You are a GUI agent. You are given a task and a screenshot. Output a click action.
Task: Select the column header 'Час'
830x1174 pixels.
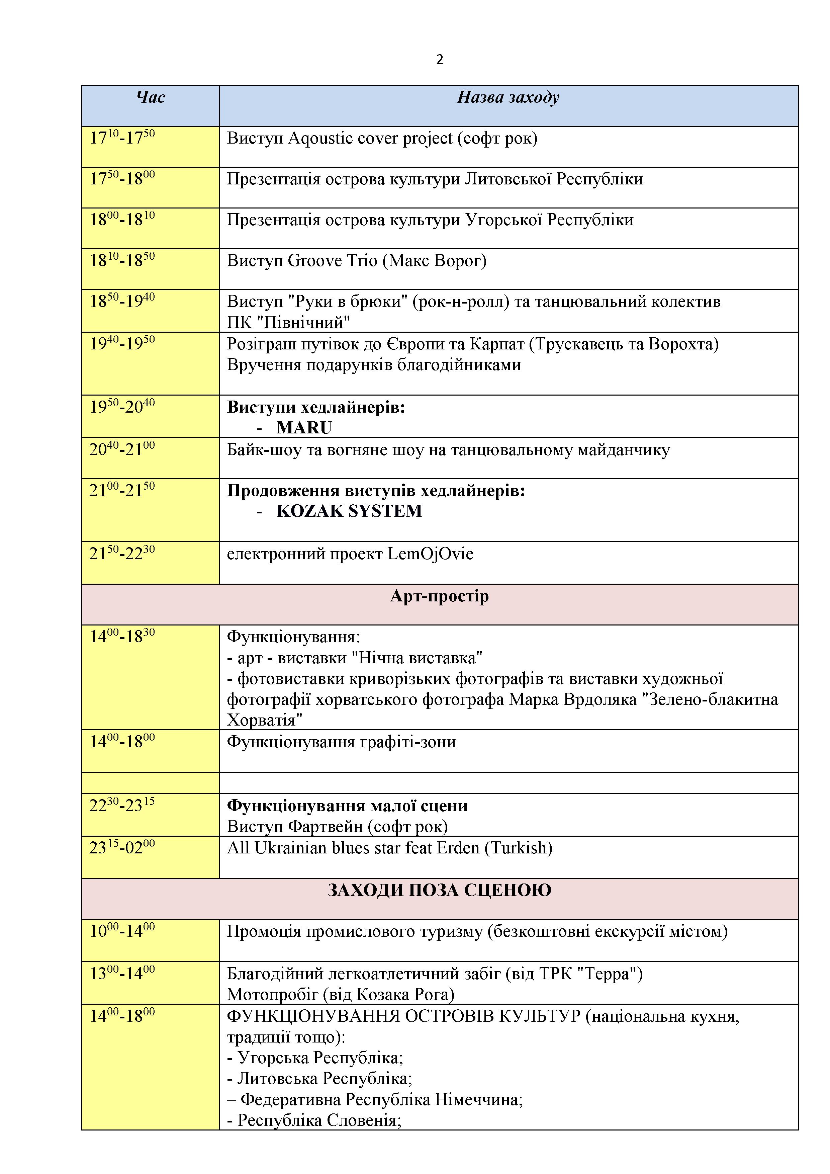151,97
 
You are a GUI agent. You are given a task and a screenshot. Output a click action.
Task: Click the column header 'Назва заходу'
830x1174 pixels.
508,97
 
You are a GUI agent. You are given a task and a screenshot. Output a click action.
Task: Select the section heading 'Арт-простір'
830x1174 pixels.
440,596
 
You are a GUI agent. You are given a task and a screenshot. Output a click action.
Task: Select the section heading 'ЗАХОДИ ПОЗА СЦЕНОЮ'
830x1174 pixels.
440,890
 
